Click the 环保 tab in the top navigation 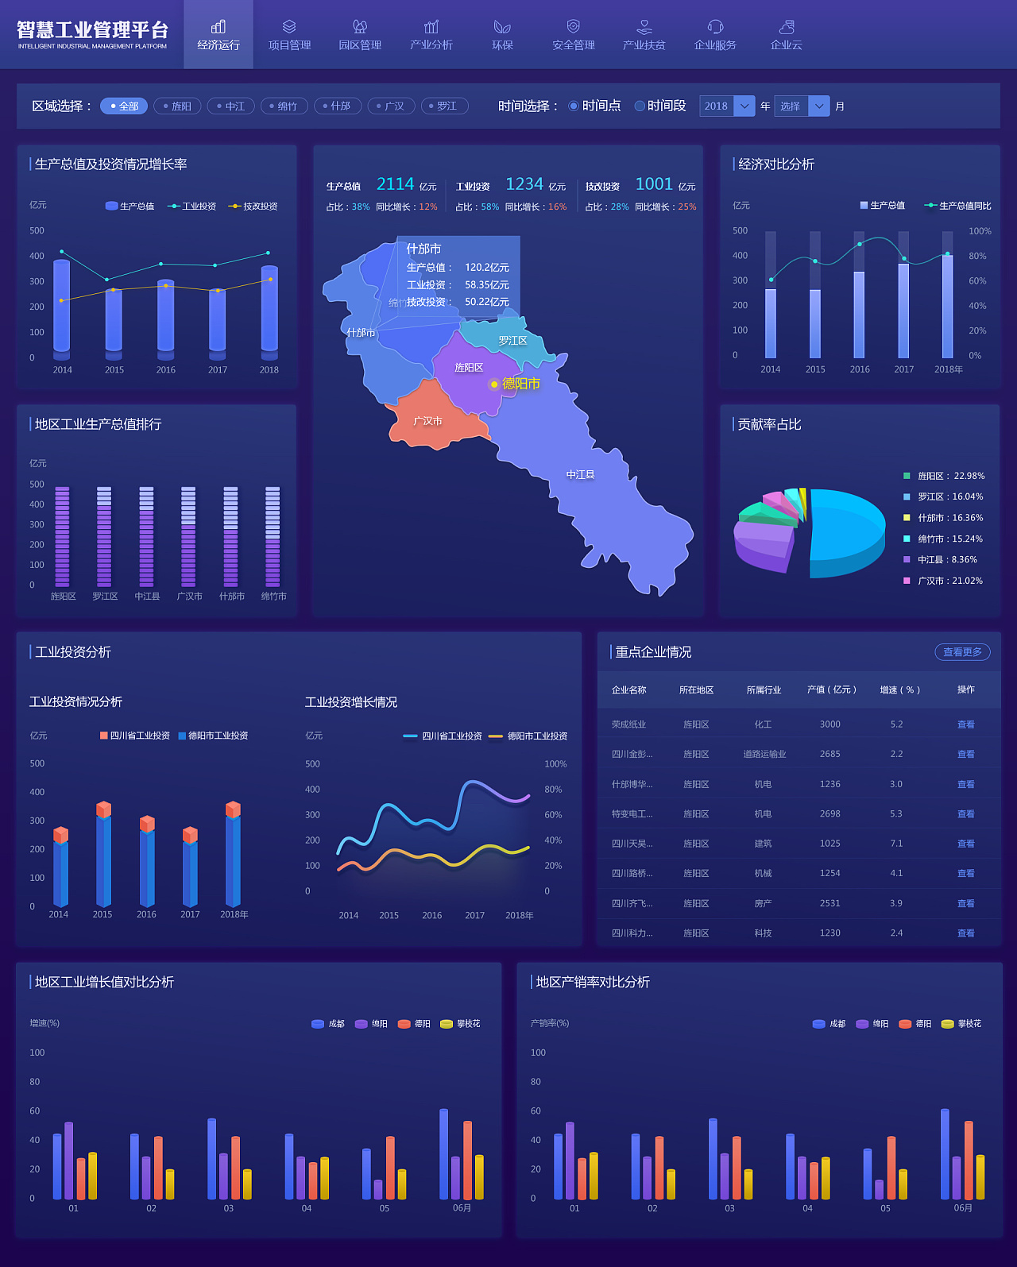502,36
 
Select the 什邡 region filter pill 338,106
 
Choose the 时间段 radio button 660,106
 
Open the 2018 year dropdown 726,106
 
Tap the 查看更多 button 962,652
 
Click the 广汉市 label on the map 427,421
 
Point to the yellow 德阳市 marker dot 494,384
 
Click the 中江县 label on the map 580,474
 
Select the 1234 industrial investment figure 524,184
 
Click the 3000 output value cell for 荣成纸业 829,724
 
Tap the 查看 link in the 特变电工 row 965,814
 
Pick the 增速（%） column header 899,690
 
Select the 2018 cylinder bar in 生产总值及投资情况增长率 269,310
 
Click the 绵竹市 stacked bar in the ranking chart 273,536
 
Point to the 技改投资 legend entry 253,207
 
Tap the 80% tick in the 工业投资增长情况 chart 553,790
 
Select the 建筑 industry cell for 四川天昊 763,844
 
